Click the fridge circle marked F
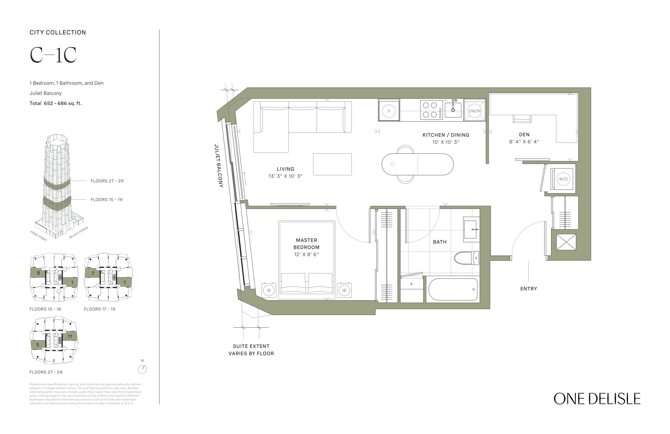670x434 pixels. click(x=389, y=111)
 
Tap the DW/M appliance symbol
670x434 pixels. click(x=474, y=111)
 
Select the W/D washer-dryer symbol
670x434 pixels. click(x=563, y=179)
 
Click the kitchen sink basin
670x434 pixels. click(x=453, y=110)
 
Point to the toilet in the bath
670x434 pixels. click(x=465, y=258)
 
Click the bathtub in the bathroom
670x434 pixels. click(x=453, y=289)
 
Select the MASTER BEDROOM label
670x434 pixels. click(x=306, y=244)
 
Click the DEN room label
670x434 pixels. click(x=524, y=135)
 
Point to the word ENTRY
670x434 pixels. click(x=528, y=289)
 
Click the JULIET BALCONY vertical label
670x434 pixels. click(x=219, y=166)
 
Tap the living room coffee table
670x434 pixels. click(x=332, y=164)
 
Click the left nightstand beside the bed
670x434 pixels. click(x=269, y=290)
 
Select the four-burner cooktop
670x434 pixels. click(x=431, y=110)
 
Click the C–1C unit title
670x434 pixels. click(x=53, y=55)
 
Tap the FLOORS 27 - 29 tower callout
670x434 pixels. click(x=107, y=181)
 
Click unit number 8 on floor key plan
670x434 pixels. click(x=38, y=273)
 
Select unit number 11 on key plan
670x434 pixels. click(x=70, y=336)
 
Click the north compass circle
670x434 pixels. click(x=142, y=369)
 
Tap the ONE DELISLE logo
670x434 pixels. click(x=596, y=399)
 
